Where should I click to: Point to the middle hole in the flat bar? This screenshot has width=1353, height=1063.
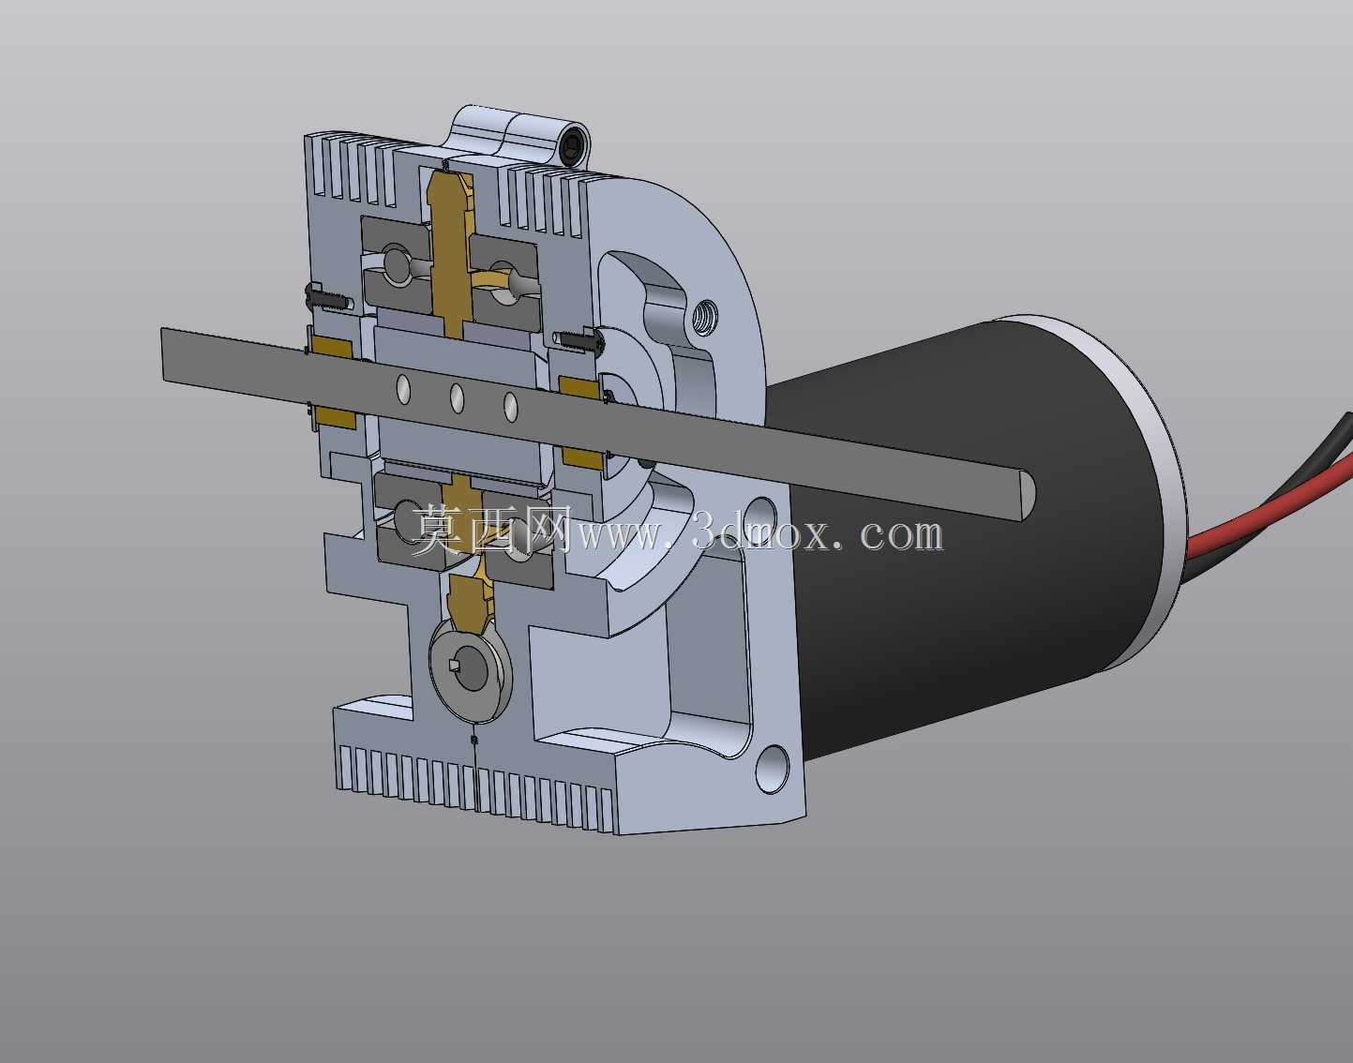click(457, 397)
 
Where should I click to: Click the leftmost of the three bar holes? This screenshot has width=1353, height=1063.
click(404, 389)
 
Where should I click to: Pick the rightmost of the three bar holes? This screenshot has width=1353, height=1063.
click(511, 407)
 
